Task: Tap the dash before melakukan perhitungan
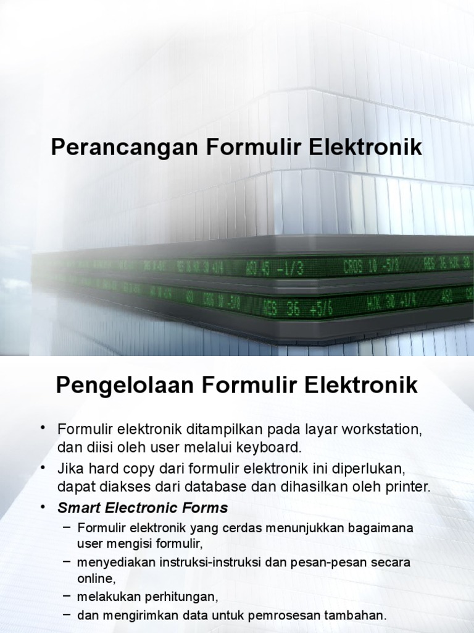point(67,597)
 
